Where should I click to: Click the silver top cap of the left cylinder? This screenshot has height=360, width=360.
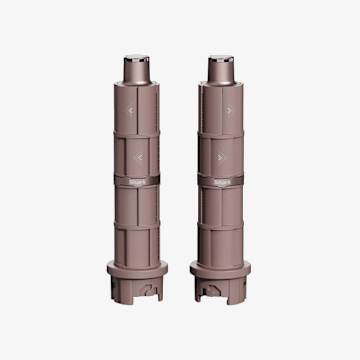click(x=137, y=66)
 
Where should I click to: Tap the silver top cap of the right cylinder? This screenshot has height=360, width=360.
click(x=222, y=66)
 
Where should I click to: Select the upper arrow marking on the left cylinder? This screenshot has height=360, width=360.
click(x=134, y=109)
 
